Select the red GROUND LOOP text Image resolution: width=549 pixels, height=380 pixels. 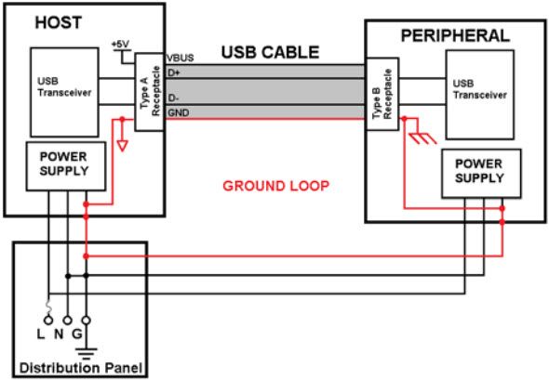tap(276, 185)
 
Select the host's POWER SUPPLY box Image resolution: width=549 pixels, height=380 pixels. tap(64, 164)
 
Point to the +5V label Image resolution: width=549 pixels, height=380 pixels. tap(120, 45)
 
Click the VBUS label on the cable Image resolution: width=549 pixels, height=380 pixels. tap(181, 59)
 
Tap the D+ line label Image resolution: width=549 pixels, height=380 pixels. tap(174, 71)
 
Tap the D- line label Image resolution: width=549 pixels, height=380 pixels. tap(174, 97)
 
